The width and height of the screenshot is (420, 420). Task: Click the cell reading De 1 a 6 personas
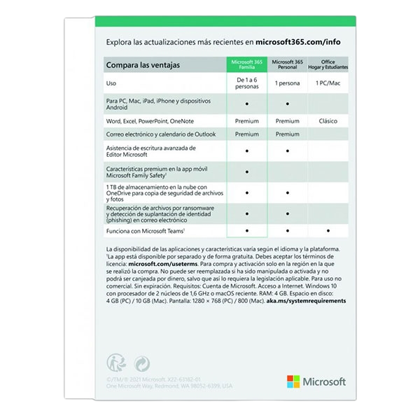247,84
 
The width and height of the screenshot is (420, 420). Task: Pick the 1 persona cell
287,84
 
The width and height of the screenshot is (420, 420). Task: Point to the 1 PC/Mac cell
328,84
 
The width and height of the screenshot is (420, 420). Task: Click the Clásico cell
328,121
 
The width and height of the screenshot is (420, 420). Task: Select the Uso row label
111,84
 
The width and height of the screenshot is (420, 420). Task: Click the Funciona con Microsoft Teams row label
146,230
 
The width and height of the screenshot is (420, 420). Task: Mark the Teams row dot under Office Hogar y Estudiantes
328,230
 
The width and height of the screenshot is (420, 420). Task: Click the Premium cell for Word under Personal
287,121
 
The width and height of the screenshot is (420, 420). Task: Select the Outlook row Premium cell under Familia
247,134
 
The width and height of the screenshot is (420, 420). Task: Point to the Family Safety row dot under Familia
247,171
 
